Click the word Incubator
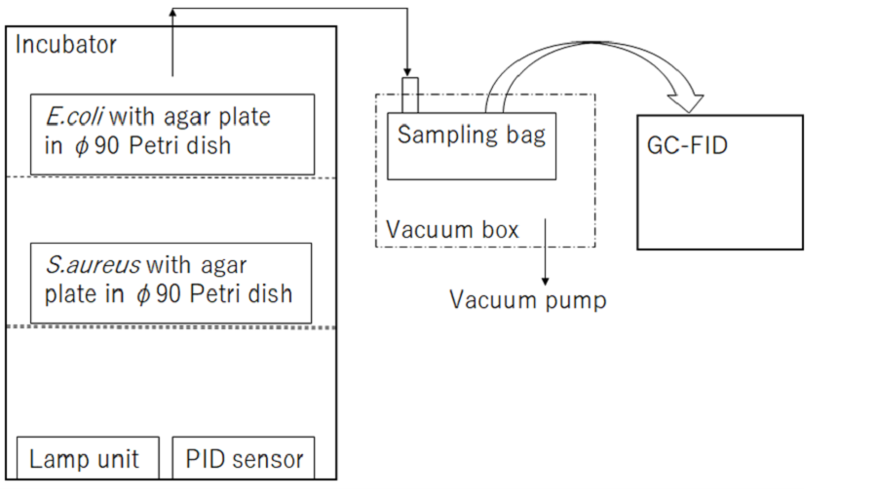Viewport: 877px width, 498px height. [x=66, y=45]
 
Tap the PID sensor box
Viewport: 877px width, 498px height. [x=244, y=458]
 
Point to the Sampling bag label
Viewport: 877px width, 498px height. [x=472, y=134]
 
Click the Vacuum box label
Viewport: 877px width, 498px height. [x=452, y=230]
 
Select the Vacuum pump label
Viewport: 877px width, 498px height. [x=527, y=300]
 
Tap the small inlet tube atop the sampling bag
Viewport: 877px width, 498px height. [x=409, y=96]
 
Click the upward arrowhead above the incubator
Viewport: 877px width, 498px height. [x=173, y=13]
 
